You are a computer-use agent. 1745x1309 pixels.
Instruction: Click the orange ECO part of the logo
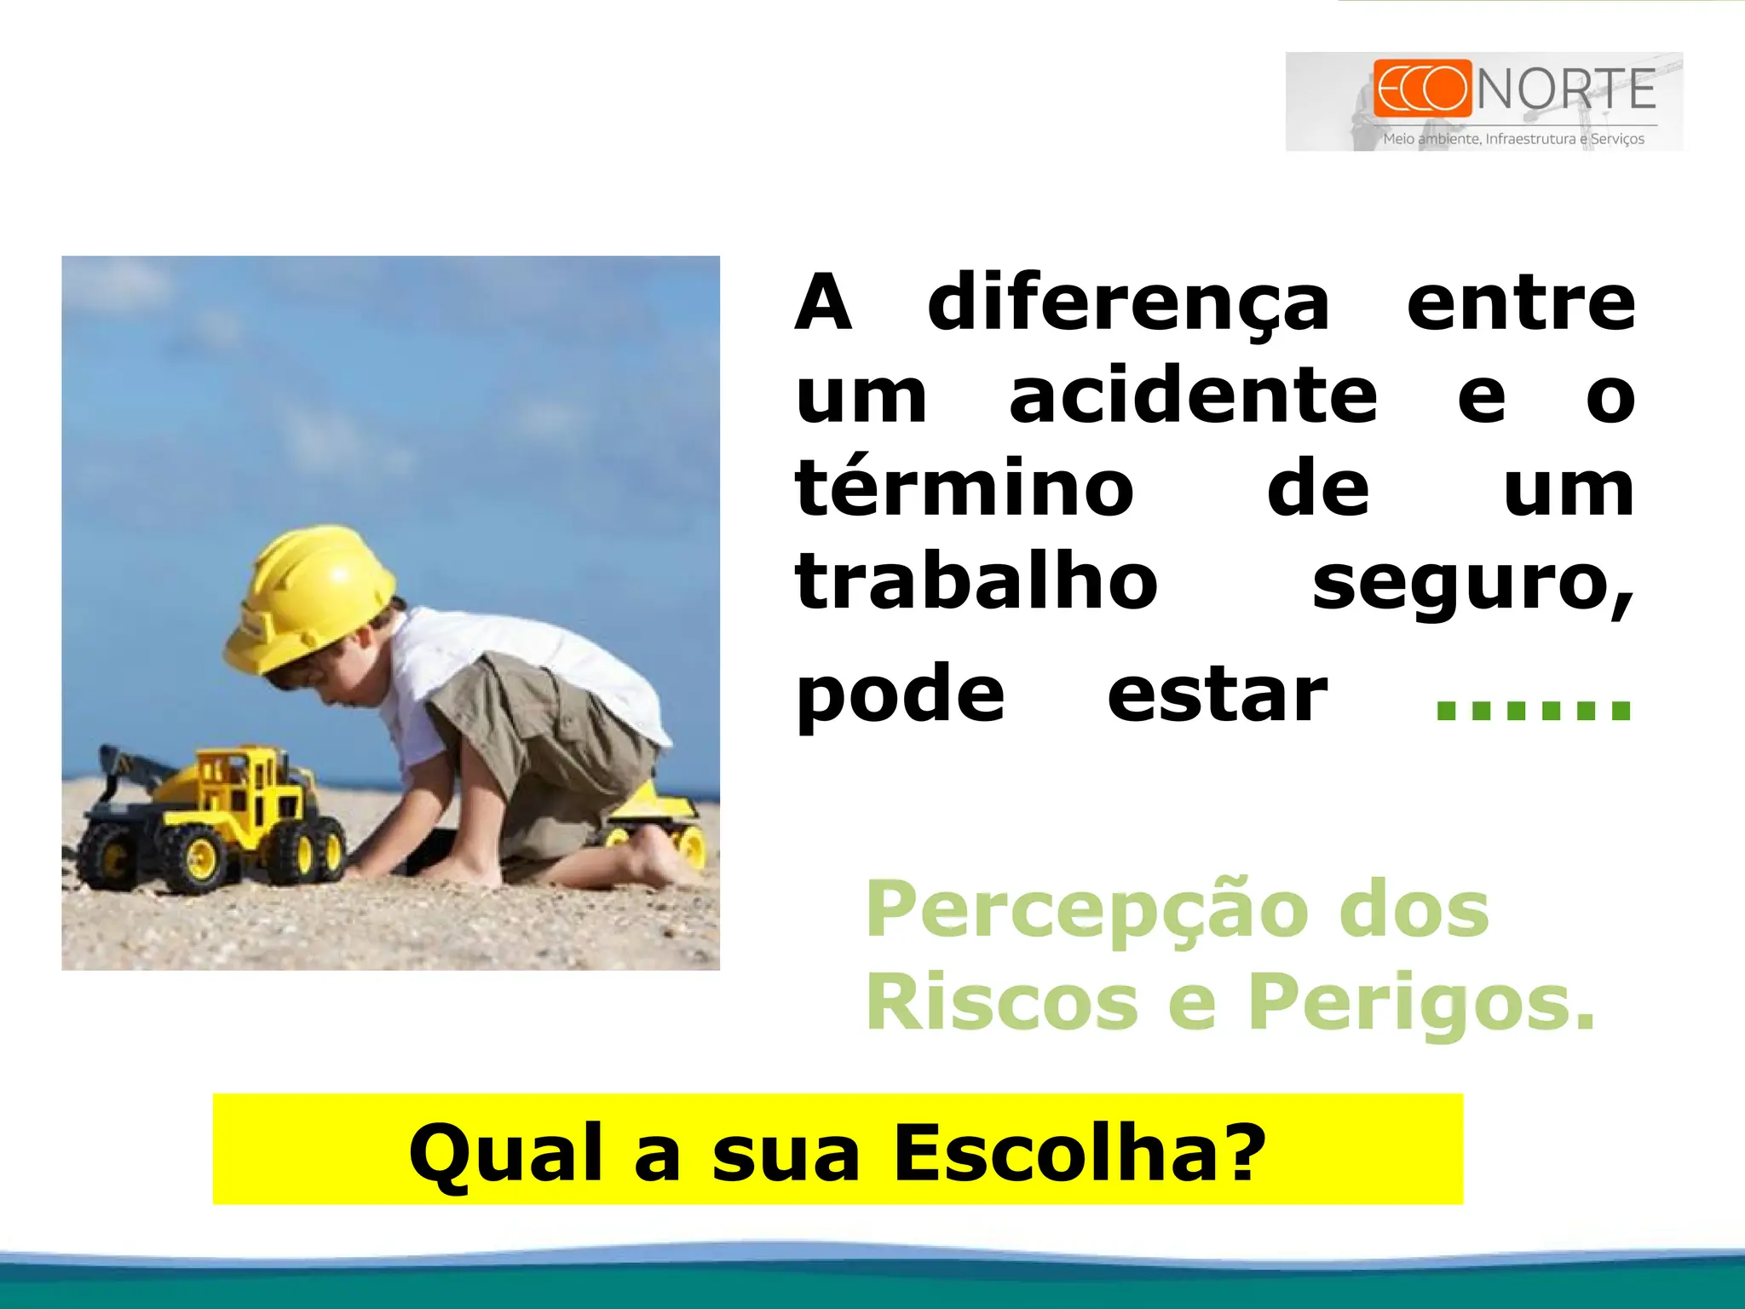(1422, 88)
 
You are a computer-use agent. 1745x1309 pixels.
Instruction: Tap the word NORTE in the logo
(1566, 89)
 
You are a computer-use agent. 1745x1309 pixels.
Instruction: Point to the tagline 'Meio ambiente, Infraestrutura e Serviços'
(1513, 139)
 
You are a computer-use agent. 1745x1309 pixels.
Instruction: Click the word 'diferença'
(1128, 305)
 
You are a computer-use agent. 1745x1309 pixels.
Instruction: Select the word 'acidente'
(1193, 396)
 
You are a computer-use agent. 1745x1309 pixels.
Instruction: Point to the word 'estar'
(1217, 695)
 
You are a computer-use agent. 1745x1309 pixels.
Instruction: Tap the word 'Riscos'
(1002, 1002)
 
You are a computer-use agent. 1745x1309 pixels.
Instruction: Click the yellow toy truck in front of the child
(213, 818)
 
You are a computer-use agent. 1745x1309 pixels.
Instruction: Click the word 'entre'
(1520, 303)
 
